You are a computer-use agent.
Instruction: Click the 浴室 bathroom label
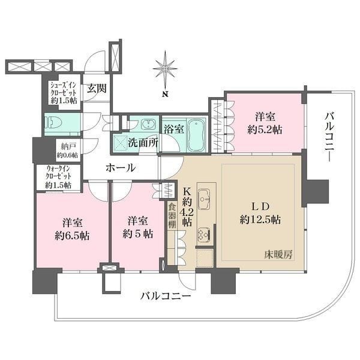(173, 127)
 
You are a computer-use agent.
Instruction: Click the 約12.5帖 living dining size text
(259, 218)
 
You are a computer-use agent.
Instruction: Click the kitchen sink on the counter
(204, 197)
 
